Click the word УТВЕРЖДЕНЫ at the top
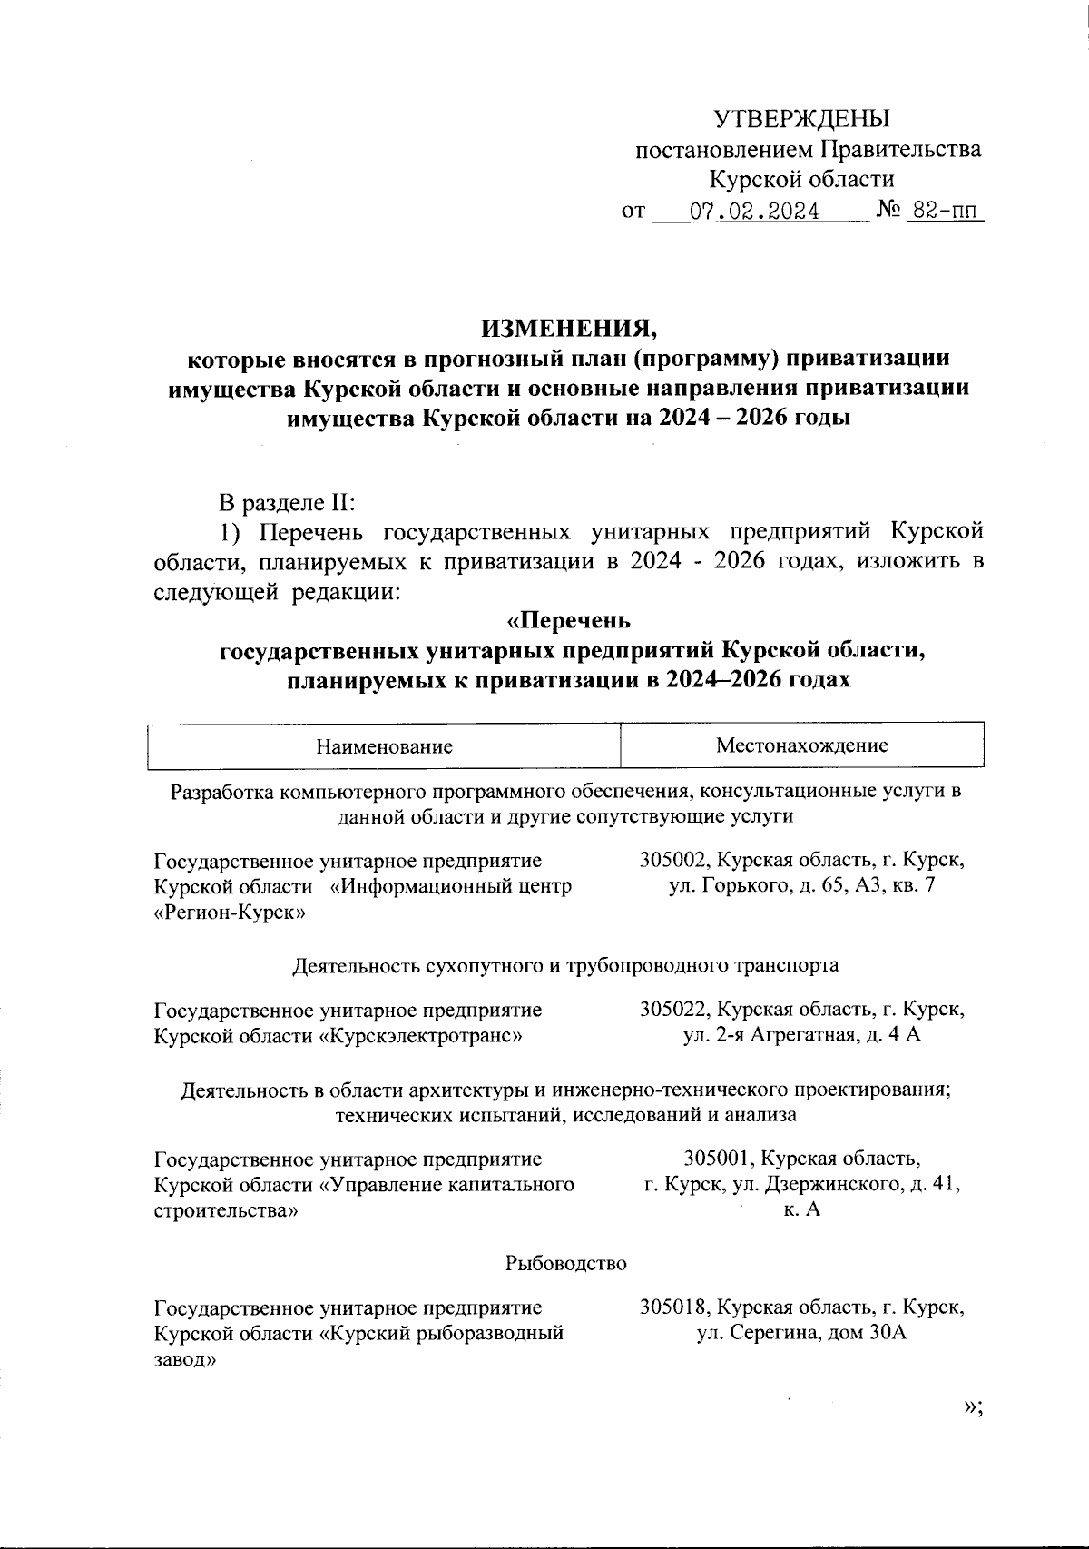coord(801,119)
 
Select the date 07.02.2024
coord(754,212)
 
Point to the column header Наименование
coord(384,747)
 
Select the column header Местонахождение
coord(802,745)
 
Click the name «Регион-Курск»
coord(231,913)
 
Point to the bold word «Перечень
coord(567,622)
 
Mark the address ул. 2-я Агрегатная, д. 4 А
coord(802,1035)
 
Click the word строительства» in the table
coord(227,1210)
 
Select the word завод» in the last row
coord(185,1360)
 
